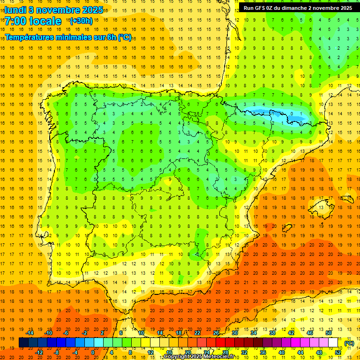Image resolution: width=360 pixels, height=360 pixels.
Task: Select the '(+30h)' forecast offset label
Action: coord(81,21)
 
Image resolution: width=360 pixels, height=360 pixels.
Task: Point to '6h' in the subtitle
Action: coord(111,37)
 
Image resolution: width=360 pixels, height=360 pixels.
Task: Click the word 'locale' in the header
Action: coord(45,21)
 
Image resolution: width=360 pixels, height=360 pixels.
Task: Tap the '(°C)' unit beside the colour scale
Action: coord(349,343)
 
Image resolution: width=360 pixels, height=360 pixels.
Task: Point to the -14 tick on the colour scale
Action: coord(30,333)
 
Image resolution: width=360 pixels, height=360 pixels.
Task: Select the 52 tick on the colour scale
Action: coord(338,352)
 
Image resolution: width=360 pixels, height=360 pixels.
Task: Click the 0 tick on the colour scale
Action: coord(93,352)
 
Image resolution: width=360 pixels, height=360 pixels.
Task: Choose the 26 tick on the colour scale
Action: coord(216,333)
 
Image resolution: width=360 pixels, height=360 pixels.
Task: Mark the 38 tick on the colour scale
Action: coord(272,333)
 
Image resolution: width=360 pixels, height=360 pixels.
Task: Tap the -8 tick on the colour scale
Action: coord(56,352)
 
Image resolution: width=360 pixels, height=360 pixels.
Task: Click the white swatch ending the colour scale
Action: coord(333,343)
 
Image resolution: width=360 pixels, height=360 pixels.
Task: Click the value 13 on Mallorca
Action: coord(321,207)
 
